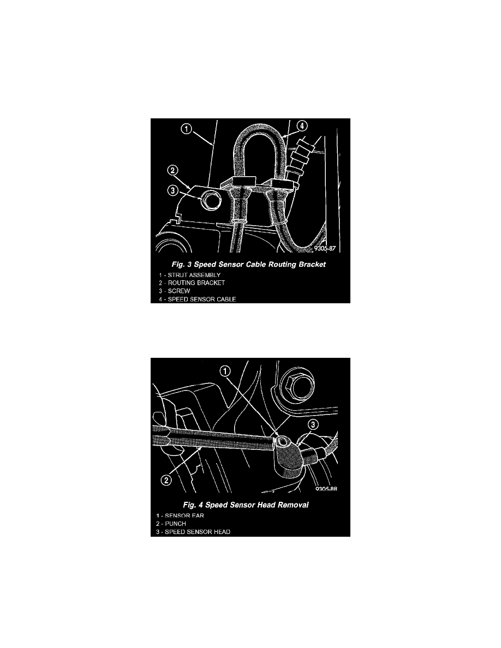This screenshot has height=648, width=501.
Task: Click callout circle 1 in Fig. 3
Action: pos(187,129)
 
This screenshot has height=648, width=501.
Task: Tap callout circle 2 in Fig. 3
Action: pos(173,170)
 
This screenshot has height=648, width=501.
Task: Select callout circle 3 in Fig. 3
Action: pos(173,190)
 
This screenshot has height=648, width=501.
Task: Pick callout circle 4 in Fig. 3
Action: pos(302,125)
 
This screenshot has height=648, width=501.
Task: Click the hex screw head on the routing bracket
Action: pos(211,201)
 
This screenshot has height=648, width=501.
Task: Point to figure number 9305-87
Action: pos(325,248)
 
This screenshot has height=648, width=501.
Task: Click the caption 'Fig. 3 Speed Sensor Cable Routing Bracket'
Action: pos(249,265)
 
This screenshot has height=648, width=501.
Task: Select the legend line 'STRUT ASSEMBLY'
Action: pos(190,275)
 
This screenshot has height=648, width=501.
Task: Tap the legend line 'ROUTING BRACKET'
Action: pos(192,283)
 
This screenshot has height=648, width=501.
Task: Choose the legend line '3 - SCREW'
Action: pos(175,291)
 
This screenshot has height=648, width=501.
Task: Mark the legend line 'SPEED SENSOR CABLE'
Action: pos(198,299)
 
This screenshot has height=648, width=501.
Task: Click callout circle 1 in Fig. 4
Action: pos(225,371)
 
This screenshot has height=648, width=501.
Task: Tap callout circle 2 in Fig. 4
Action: pos(166,480)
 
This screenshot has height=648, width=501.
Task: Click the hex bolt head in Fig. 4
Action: pos(296,385)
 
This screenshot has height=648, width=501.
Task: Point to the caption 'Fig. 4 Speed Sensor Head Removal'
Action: pos(246,505)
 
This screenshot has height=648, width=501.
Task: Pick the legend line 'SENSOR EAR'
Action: pos(180,516)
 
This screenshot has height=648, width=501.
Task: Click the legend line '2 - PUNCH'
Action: pos(171,524)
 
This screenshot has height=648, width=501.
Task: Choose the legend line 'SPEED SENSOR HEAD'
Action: pos(193,532)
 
